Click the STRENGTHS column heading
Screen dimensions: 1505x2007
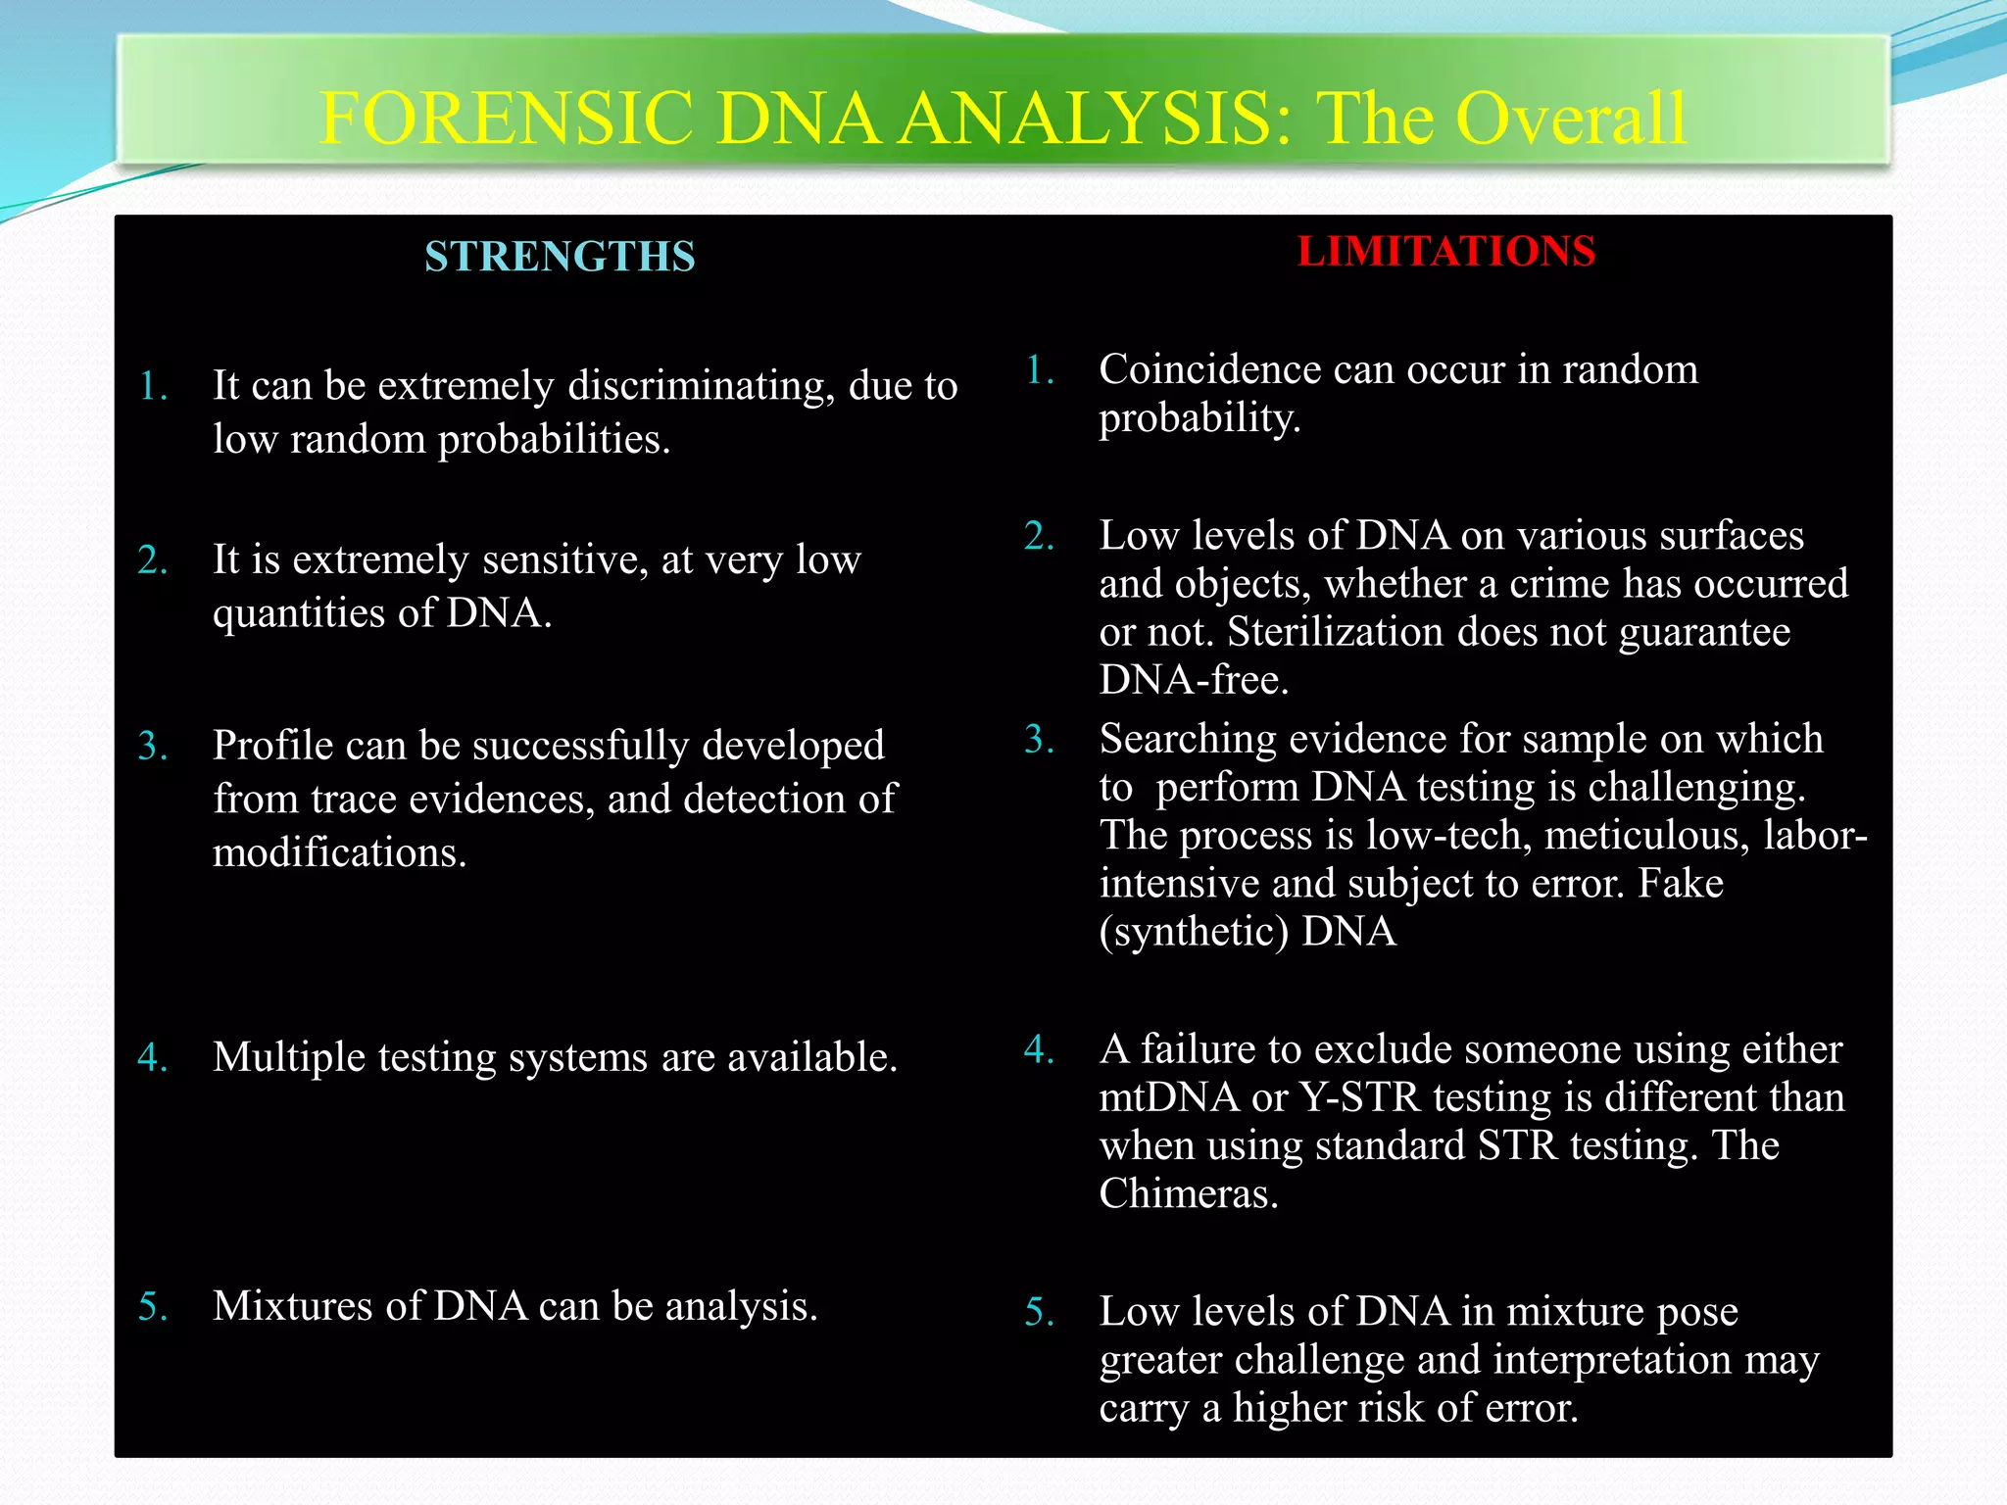coord(560,257)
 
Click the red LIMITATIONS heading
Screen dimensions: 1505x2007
coord(1445,251)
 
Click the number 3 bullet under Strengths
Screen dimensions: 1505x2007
coord(152,747)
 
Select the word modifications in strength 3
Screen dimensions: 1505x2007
coord(338,852)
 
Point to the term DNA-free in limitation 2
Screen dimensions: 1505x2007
coord(1193,680)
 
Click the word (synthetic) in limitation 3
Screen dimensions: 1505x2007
coord(1193,932)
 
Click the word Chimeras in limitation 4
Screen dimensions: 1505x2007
coord(1187,1193)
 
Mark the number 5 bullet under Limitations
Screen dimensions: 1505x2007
coord(1039,1313)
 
